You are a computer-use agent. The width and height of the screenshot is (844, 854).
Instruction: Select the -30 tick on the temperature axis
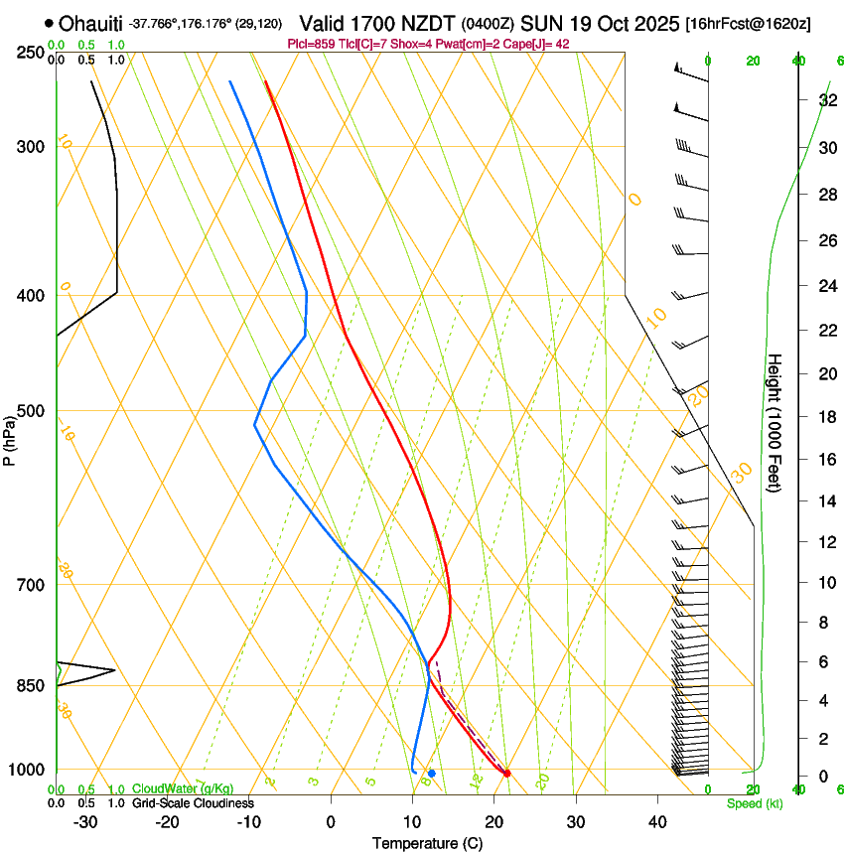(85, 822)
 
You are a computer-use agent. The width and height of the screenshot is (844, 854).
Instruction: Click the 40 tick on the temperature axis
(657, 822)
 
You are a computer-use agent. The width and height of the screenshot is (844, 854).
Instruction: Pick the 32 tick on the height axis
(826, 99)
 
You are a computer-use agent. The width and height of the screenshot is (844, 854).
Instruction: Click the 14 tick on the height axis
(826, 501)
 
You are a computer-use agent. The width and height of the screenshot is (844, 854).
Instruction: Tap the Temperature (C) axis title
(427, 843)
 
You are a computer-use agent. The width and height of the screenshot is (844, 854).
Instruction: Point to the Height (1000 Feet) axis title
(774, 422)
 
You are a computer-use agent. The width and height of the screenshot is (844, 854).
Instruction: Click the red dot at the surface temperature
(507, 773)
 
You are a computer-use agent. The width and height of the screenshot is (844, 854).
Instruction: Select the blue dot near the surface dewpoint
(432, 773)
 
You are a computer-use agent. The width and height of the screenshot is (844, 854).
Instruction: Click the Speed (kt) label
(754, 803)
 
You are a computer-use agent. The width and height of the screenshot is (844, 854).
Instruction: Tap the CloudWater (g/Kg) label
(183, 789)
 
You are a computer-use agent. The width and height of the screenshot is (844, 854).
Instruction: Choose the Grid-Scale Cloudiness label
(193, 803)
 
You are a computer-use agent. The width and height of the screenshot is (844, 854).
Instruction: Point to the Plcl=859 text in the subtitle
(310, 44)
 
